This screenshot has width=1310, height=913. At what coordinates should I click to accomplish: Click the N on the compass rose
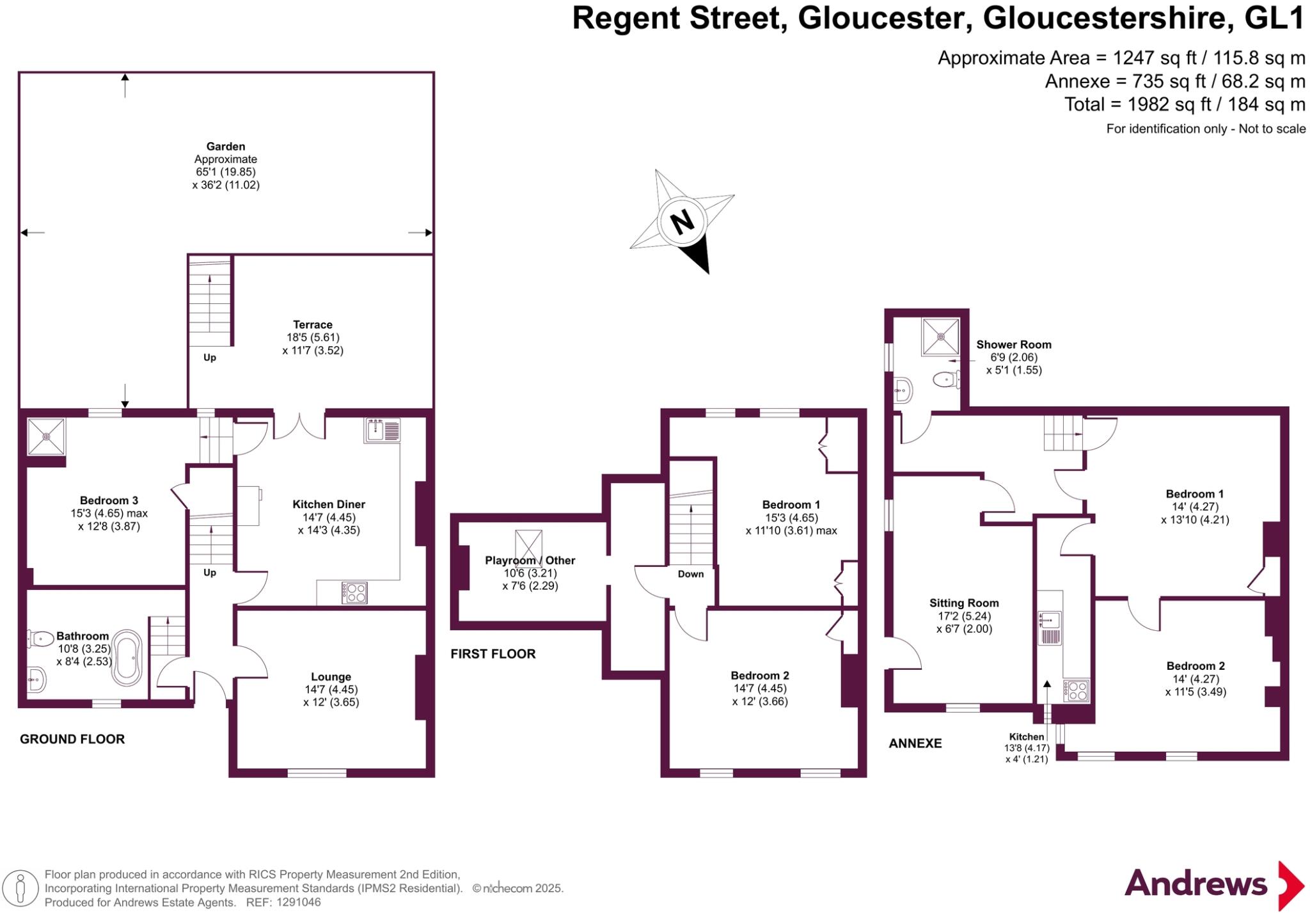(x=682, y=222)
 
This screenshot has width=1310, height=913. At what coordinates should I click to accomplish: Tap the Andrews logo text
(x=1196, y=884)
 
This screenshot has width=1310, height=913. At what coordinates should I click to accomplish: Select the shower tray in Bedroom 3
(x=46, y=436)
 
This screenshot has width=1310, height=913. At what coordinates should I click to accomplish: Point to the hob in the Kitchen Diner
(x=354, y=592)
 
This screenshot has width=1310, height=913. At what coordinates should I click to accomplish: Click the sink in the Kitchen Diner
(x=382, y=429)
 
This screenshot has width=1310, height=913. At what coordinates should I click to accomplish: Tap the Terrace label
(x=313, y=324)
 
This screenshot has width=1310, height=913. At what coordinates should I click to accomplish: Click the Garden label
(x=225, y=147)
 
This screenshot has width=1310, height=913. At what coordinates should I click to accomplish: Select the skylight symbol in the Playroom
(x=528, y=545)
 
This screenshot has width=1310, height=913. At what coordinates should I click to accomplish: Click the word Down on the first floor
(x=690, y=574)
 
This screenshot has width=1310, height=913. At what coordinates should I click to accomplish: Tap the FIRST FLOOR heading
(x=493, y=654)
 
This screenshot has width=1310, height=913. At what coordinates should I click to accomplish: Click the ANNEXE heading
(x=915, y=743)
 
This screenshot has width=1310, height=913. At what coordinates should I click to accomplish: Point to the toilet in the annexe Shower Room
(x=946, y=380)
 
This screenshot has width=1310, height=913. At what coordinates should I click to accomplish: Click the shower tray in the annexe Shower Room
(x=940, y=337)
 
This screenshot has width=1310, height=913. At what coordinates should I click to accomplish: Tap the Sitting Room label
(x=964, y=603)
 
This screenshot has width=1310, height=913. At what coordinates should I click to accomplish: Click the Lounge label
(x=331, y=676)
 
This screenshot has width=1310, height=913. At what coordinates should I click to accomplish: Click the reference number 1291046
(x=298, y=902)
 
